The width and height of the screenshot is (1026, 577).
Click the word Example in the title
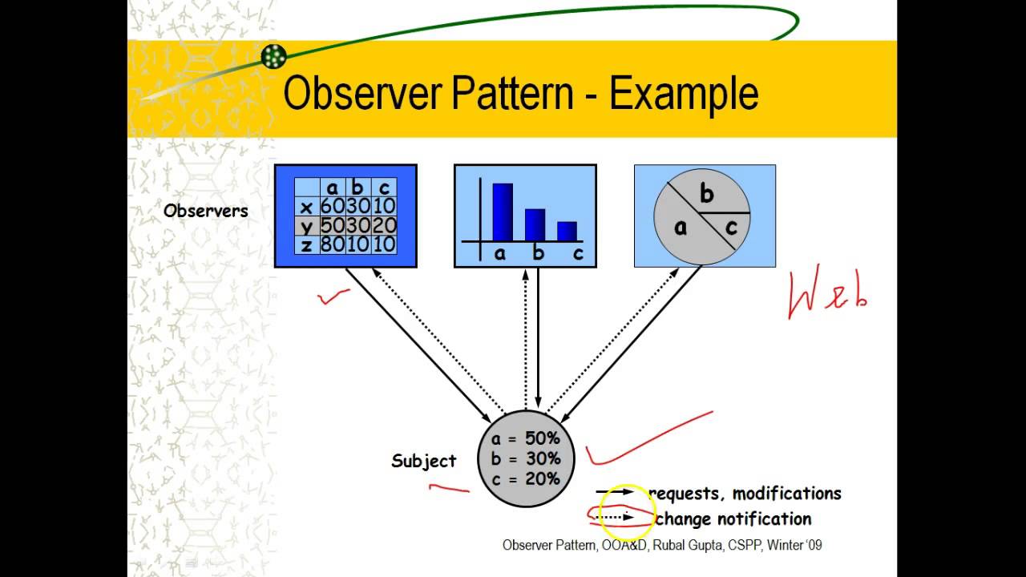684,93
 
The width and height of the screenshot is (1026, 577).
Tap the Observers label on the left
206,211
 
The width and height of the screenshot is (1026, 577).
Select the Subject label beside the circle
423,461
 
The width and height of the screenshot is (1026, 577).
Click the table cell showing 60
332,207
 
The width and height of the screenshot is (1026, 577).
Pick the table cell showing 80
332,244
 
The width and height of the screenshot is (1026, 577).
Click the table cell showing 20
386,225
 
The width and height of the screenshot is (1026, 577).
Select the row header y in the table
306,226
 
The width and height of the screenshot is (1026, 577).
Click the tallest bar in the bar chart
503,212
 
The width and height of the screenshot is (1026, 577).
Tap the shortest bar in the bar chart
567,231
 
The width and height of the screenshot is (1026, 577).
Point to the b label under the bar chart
539,254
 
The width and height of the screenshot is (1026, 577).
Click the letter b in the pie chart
706,194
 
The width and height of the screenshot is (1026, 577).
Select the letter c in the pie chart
730,228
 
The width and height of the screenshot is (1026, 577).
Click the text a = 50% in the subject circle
526,438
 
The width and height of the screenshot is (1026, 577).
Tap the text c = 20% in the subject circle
526,478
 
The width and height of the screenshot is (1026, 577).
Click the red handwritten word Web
827,295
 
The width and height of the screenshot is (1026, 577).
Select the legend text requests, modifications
745,494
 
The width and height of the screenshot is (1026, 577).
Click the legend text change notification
733,519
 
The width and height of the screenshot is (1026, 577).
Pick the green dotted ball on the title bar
273,56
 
